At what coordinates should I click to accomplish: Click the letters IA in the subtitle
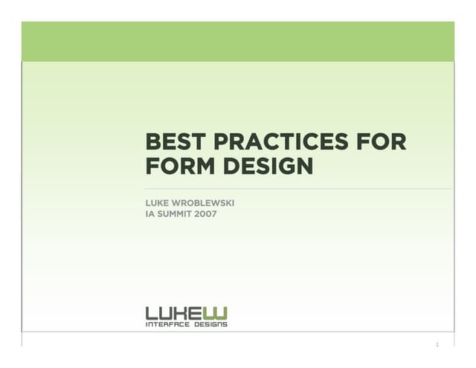[149, 214]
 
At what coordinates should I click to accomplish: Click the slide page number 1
[438, 344]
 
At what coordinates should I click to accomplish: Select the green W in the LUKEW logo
[219, 313]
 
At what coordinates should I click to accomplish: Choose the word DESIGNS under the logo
[210, 324]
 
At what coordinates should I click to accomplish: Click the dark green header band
[238, 41]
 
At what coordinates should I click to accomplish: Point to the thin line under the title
[297, 189]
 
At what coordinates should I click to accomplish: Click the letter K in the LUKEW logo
[186, 313]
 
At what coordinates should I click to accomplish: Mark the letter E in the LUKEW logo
[202, 313]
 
